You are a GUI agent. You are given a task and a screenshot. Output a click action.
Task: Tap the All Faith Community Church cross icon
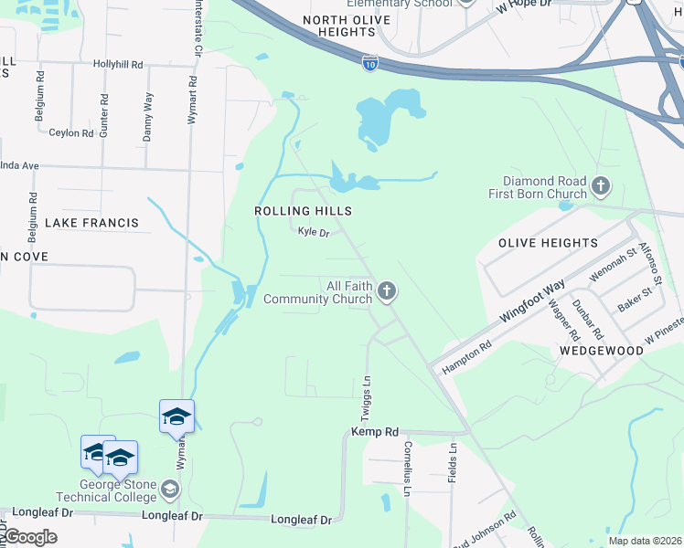[x=387, y=291]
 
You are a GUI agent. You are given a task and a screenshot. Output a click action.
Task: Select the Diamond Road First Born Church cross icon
[x=601, y=187]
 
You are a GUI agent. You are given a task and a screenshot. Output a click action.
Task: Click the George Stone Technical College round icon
[x=168, y=490]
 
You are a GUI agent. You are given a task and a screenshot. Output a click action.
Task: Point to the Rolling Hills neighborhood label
[x=303, y=211]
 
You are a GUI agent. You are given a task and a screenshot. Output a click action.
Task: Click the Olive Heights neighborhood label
[x=548, y=243]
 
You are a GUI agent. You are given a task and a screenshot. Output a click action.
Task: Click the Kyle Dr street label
[x=313, y=232]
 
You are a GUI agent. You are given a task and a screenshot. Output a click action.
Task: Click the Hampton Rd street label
[x=467, y=356]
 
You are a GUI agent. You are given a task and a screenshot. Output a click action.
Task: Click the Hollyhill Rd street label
[x=118, y=65]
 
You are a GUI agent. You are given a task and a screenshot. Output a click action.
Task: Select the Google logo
[x=31, y=536]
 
